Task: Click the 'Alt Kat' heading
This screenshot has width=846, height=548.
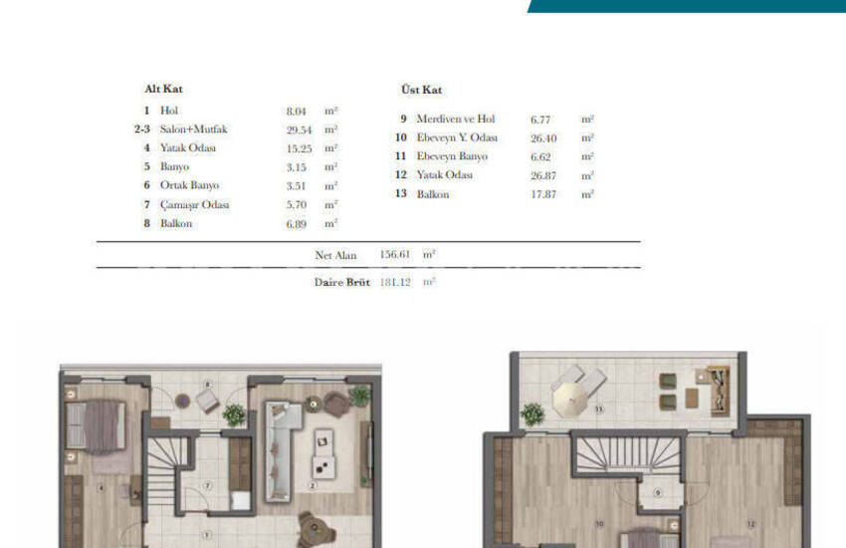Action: [163, 89]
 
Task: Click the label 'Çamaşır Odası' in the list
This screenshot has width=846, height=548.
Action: [194, 204]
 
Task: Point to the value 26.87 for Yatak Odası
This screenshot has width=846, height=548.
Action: [543, 175]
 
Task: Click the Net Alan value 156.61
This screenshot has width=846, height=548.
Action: [395, 255]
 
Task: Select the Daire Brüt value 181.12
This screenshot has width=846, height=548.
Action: [395, 282]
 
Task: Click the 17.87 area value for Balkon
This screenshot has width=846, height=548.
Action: [543, 194]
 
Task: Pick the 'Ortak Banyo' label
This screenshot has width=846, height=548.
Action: [189, 185]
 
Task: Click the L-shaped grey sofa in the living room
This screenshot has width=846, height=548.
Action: [280, 448]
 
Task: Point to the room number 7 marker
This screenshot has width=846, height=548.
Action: [207, 485]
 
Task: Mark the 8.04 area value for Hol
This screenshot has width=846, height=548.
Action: [297, 111]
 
